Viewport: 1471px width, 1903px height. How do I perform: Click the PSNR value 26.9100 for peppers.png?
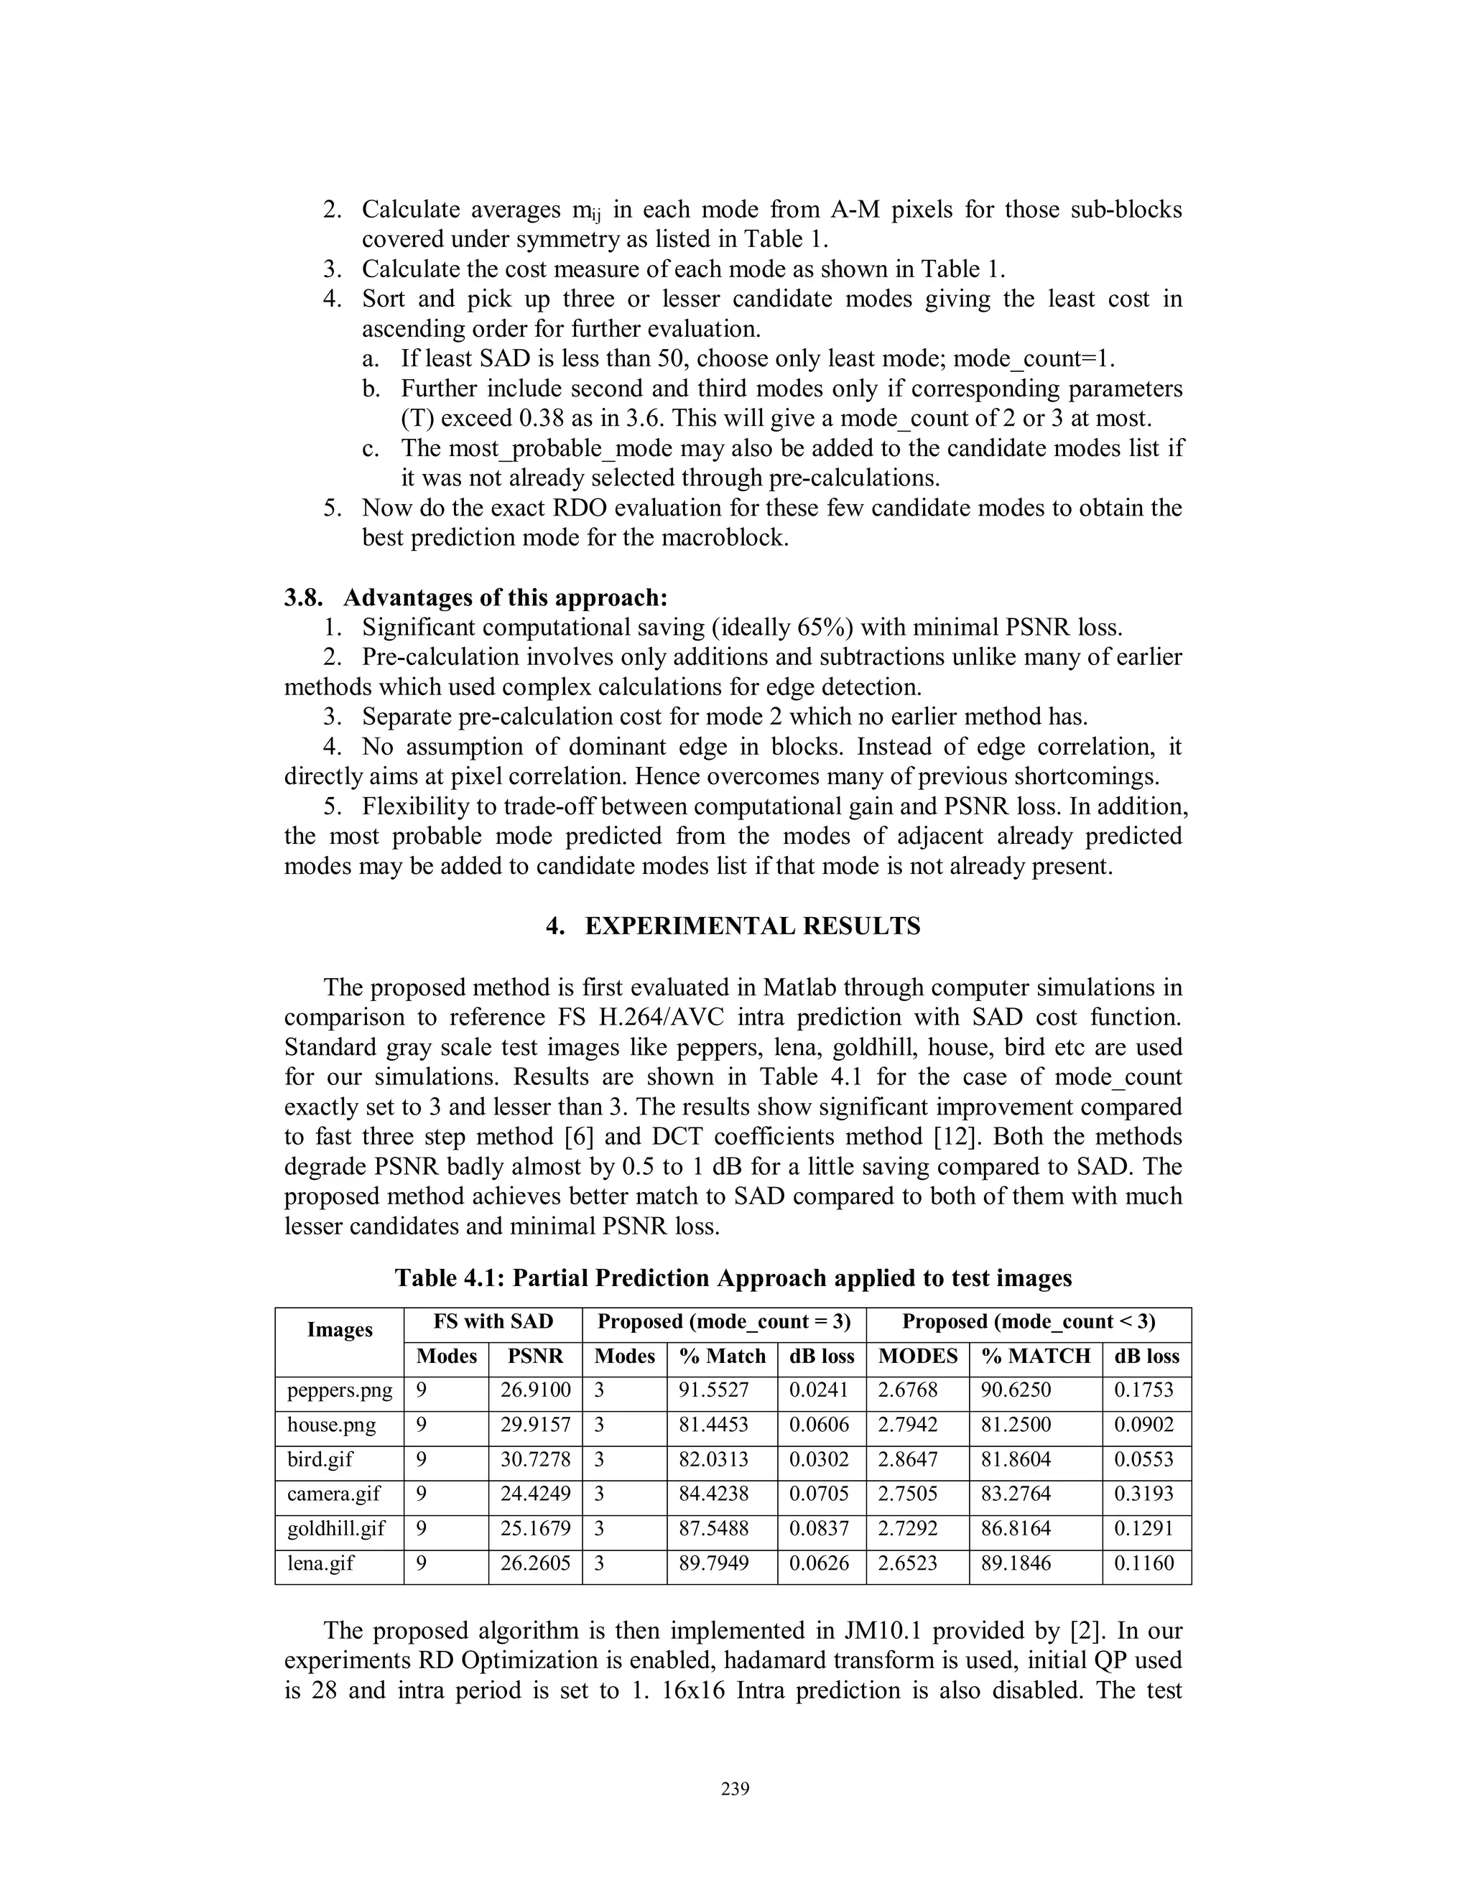pyautogui.click(x=534, y=1390)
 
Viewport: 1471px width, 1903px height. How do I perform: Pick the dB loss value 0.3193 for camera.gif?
pyautogui.click(x=1143, y=1494)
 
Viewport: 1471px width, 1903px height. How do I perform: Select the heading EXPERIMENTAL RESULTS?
pyautogui.click(x=752, y=926)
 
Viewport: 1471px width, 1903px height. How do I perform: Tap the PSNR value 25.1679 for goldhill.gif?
pyautogui.click(x=534, y=1528)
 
